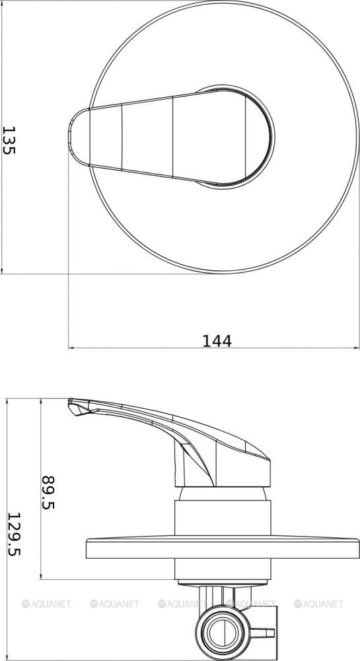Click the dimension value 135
point(9,140)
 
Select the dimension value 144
point(217,340)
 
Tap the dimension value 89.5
point(48,492)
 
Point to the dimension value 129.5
point(15,534)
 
